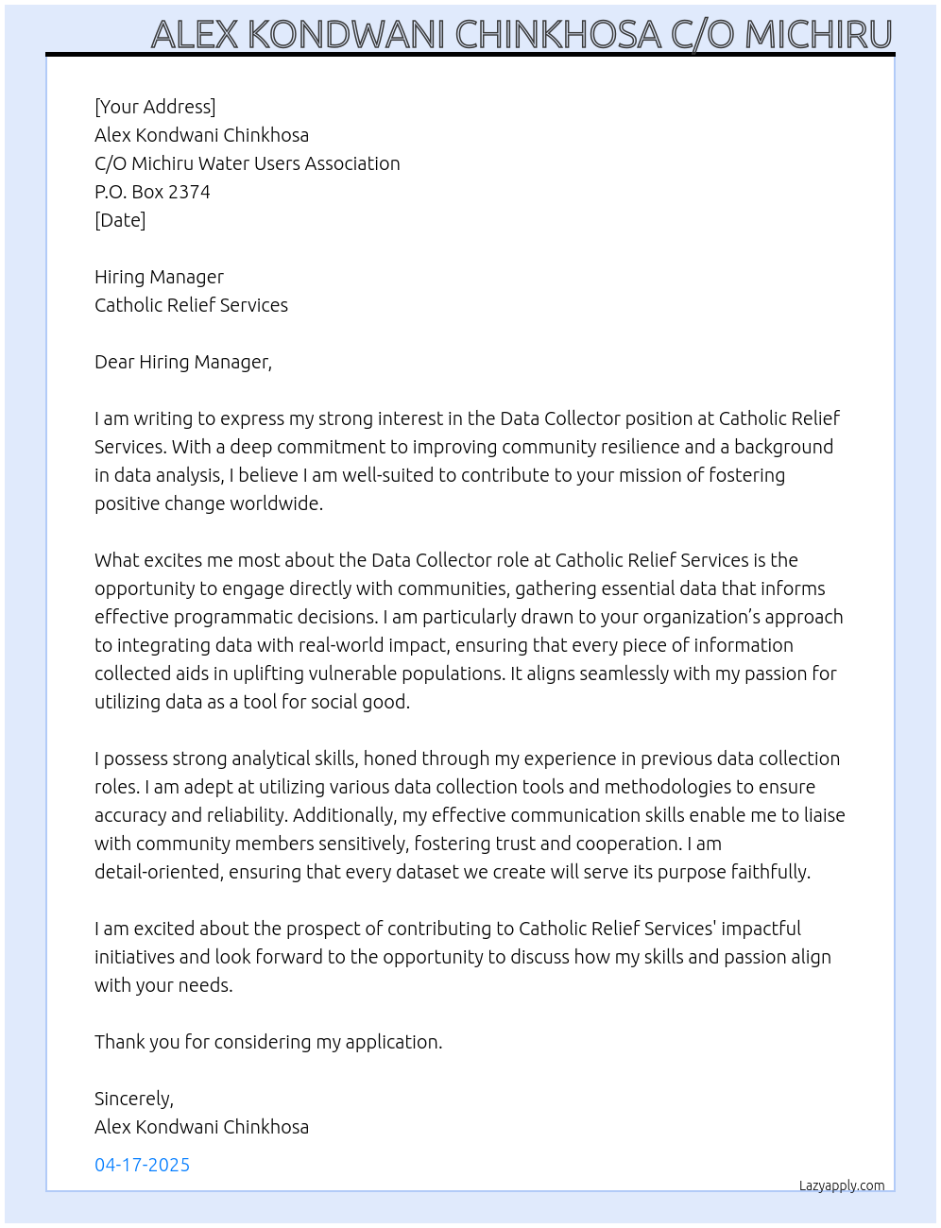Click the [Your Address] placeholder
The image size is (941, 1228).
point(155,107)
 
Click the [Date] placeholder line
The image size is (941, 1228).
point(120,220)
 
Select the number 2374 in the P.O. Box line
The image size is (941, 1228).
point(189,192)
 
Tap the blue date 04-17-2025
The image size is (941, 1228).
point(142,1165)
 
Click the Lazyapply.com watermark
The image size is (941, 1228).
point(841,1185)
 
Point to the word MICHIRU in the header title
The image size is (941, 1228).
point(818,35)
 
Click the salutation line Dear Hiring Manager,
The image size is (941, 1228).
point(183,362)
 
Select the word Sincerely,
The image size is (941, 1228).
point(134,1099)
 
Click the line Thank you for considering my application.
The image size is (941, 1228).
point(268,1042)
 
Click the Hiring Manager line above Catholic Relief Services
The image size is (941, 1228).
point(159,277)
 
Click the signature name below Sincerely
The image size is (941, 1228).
point(201,1127)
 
